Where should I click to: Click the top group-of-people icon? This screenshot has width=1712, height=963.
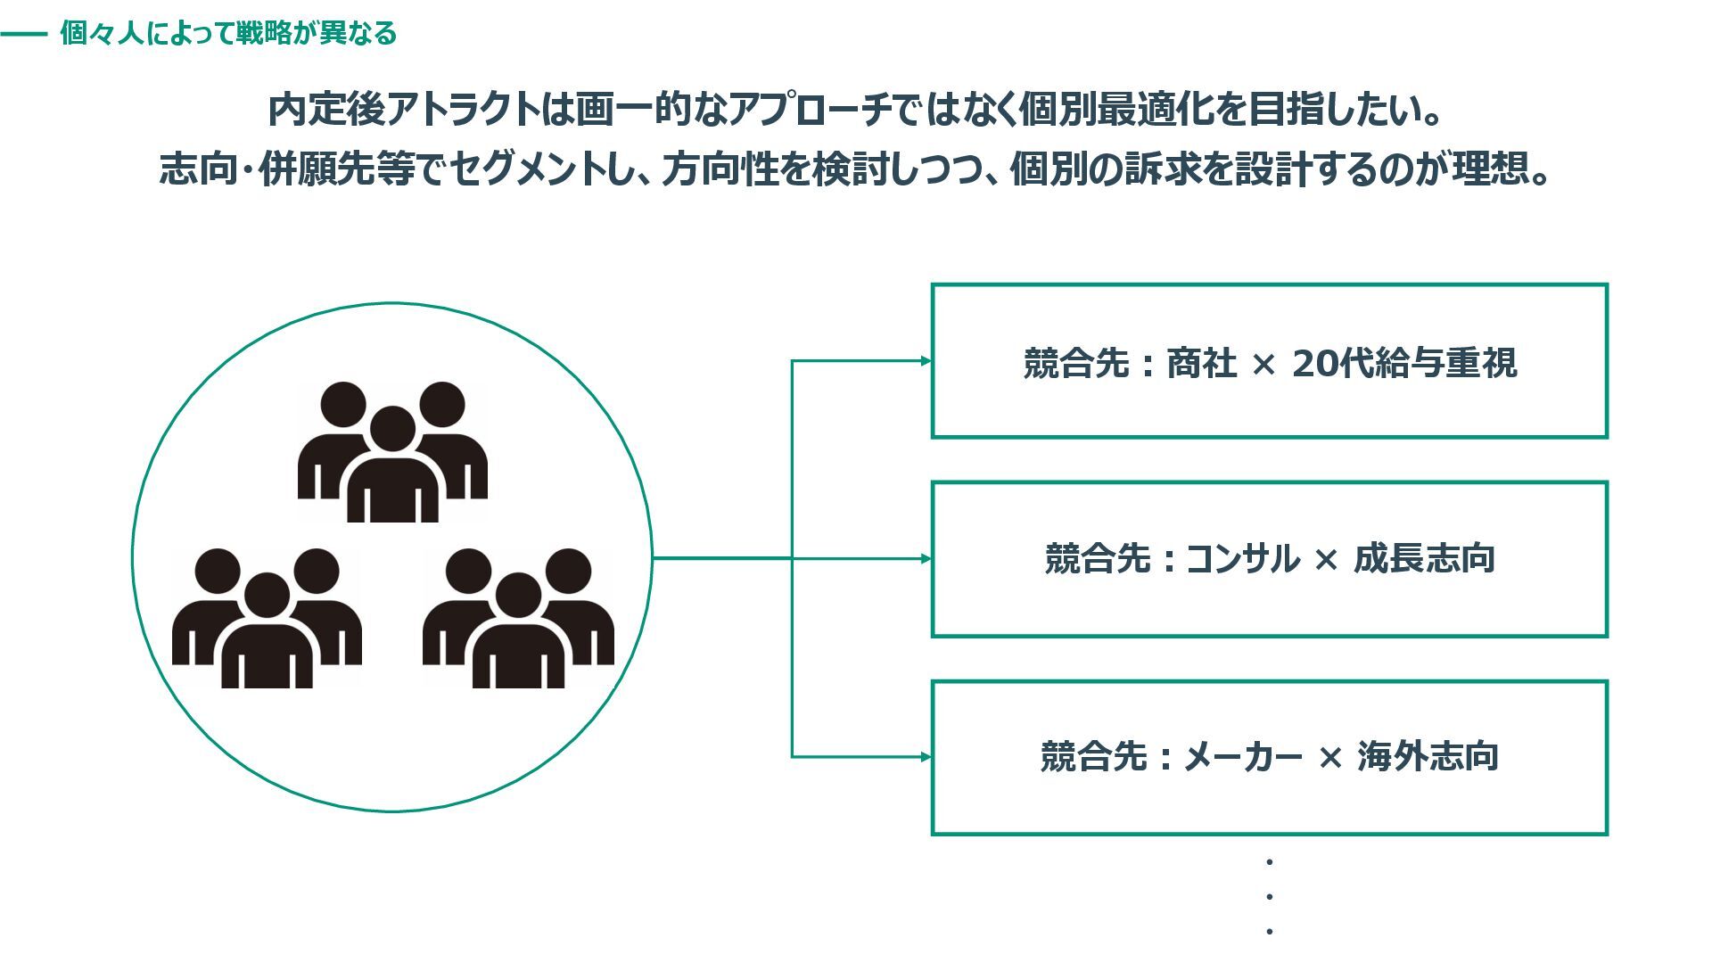[x=392, y=452]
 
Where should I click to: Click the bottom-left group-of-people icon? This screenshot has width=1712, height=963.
[x=267, y=618]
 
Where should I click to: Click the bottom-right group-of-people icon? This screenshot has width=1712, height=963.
[x=518, y=618]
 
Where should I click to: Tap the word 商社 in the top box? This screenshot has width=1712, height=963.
[x=1201, y=364]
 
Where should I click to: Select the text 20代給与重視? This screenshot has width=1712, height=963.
[x=1404, y=364]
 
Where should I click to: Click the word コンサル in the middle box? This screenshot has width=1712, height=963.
[x=1242, y=559]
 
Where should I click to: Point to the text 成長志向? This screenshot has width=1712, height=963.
[x=1424, y=559]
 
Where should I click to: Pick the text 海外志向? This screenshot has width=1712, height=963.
[x=1428, y=757]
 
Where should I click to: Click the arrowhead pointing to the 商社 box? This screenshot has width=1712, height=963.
[x=926, y=361]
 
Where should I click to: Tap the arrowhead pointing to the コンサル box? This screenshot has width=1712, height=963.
[x=926, y=559]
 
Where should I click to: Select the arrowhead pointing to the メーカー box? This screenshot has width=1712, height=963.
[x=926, y=757]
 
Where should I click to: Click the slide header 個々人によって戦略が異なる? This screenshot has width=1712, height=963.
[x=228, y=34]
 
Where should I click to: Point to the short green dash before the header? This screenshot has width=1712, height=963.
[x=23, y=35]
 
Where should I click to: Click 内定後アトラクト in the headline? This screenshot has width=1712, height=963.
[x=403, y=111]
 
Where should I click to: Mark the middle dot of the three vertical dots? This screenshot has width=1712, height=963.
[x=1269, y=897]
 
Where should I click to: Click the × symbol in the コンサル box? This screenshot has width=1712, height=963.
[x=1326, y=560]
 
